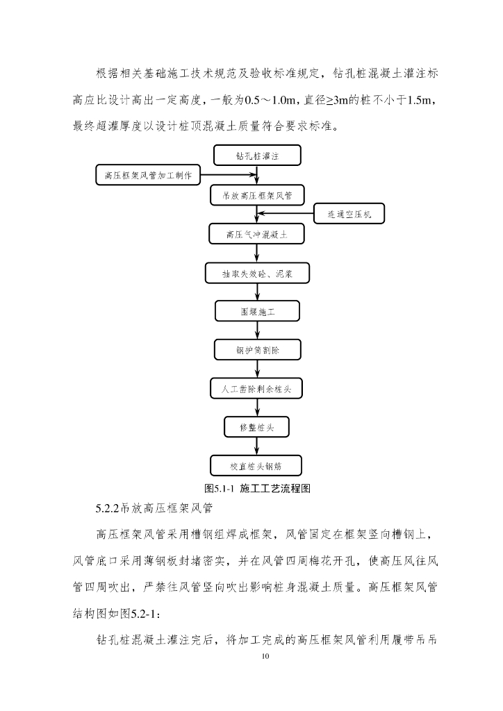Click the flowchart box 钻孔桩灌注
pos(256,156)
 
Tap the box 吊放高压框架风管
pos(257,196)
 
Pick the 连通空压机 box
pos(349,215)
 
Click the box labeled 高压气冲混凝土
pos(256,235)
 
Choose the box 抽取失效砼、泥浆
pos(257,274)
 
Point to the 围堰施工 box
pos(257,312)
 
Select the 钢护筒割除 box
pos(257,349)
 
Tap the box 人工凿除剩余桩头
pos(257,388)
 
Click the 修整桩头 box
pos(257,426)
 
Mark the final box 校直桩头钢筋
pos(257,465)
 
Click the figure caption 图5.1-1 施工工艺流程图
pos(256,488)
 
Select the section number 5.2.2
pos(108,509)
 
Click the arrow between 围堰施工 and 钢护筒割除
pos(257,331)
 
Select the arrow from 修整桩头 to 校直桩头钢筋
pos(257,446)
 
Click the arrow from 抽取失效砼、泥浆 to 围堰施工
pos(257,292)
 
